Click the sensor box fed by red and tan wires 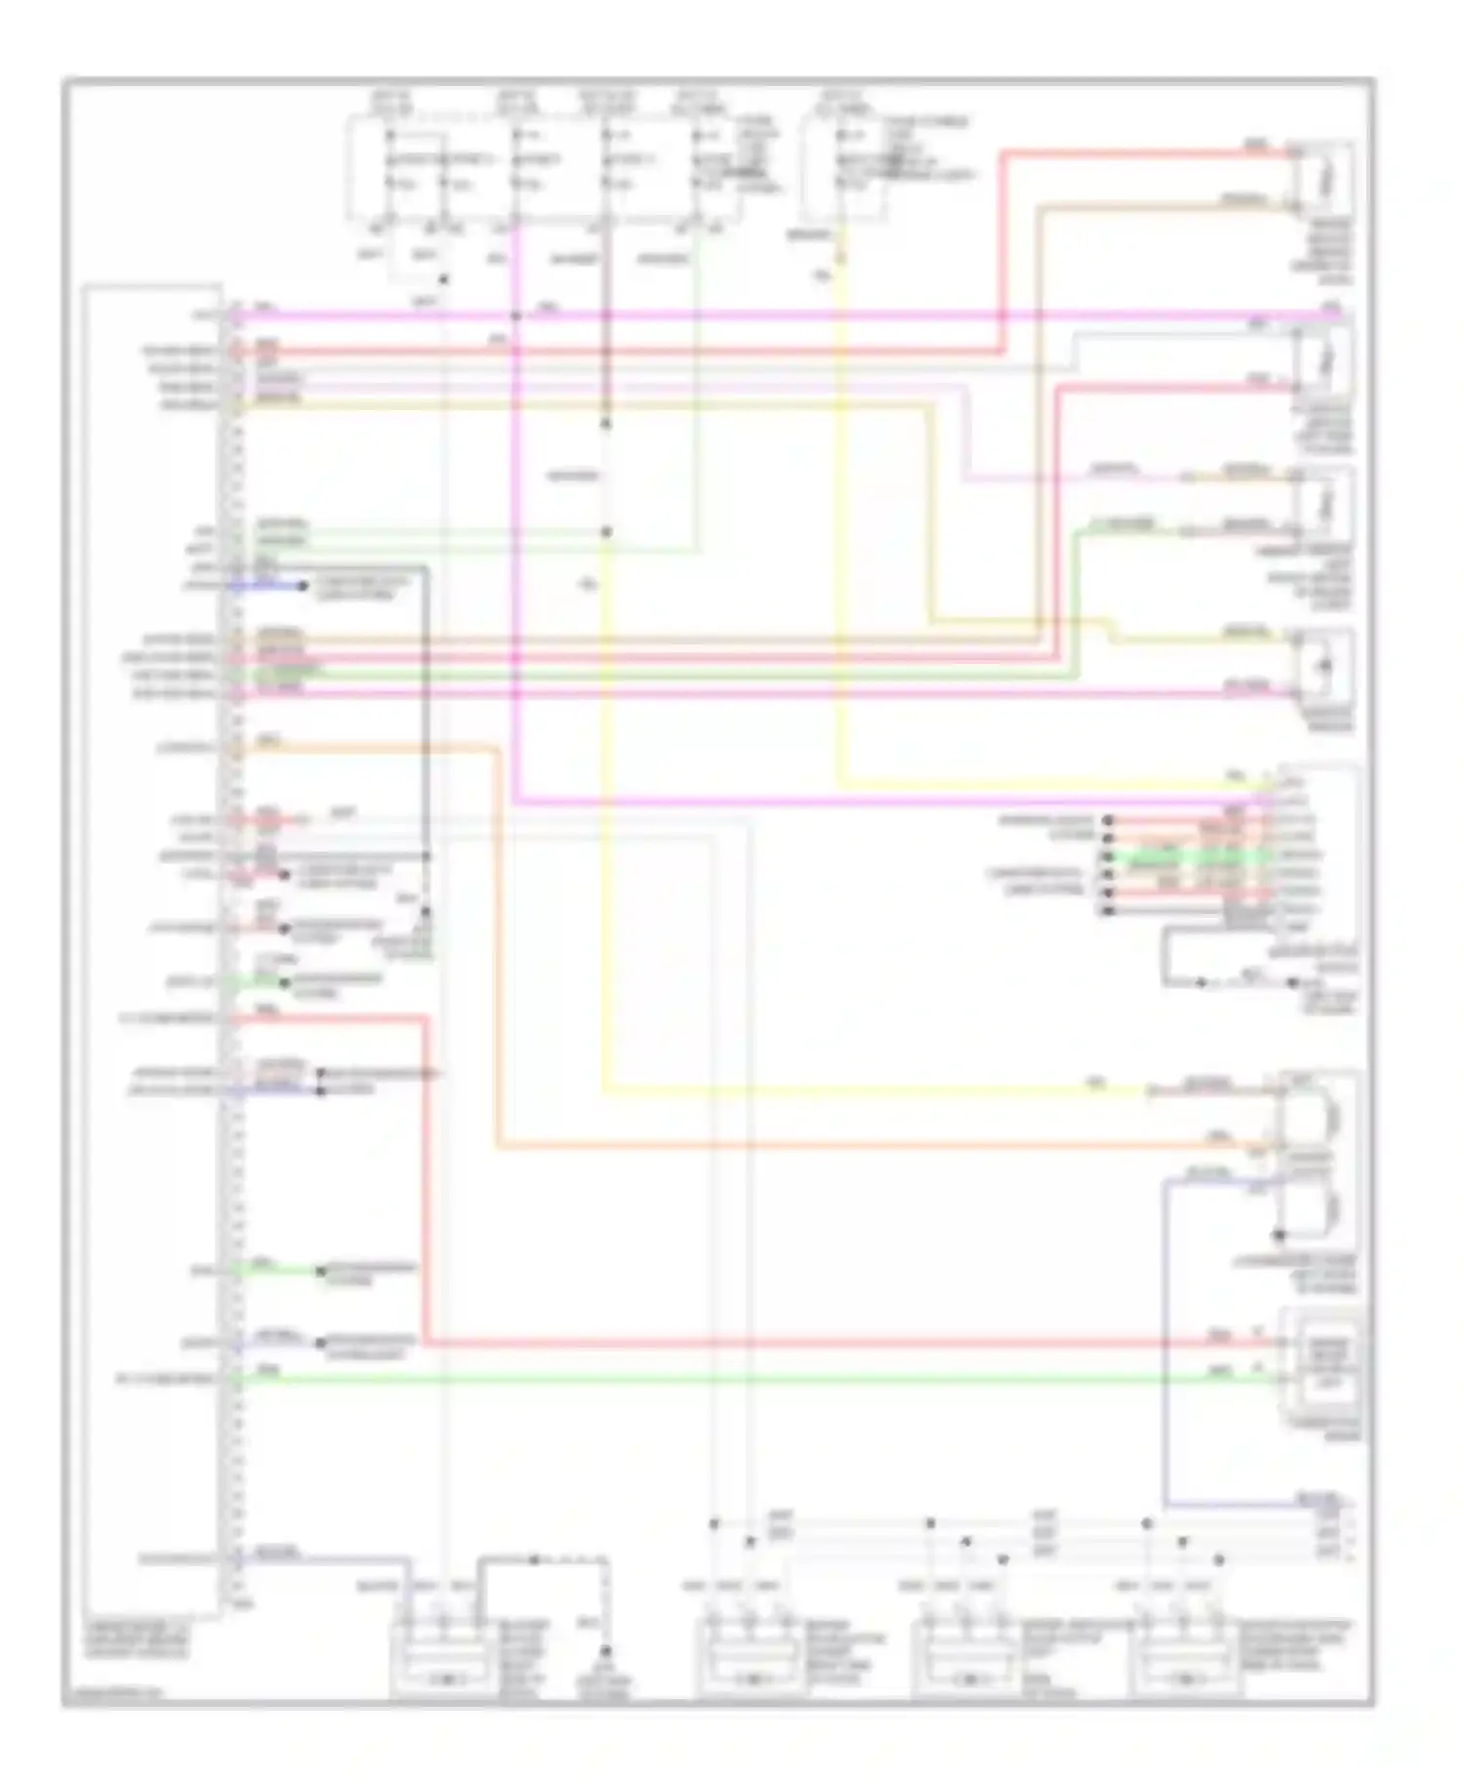[1322, 179]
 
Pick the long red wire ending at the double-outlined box [781, 1345]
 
